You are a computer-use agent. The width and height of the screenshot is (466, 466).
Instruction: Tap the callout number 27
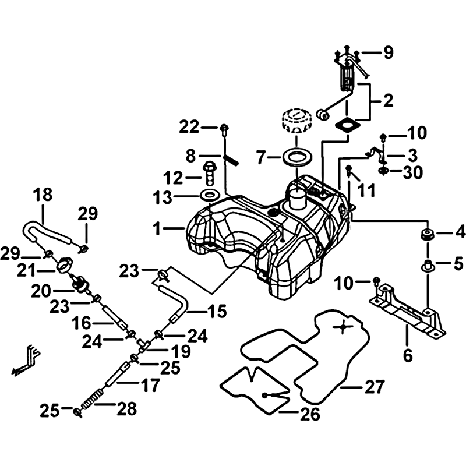(x=375, y=386)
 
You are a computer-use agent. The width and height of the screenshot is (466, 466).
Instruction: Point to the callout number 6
(x=407, y=353)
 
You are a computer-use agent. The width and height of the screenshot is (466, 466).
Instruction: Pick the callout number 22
(x=189, y=126)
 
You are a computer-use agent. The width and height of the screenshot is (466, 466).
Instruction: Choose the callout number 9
(x=388, y=53)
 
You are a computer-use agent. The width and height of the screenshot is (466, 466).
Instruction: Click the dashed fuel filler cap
(x=298, y=120)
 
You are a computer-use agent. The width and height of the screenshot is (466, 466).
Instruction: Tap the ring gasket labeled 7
(x=297, y=157)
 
